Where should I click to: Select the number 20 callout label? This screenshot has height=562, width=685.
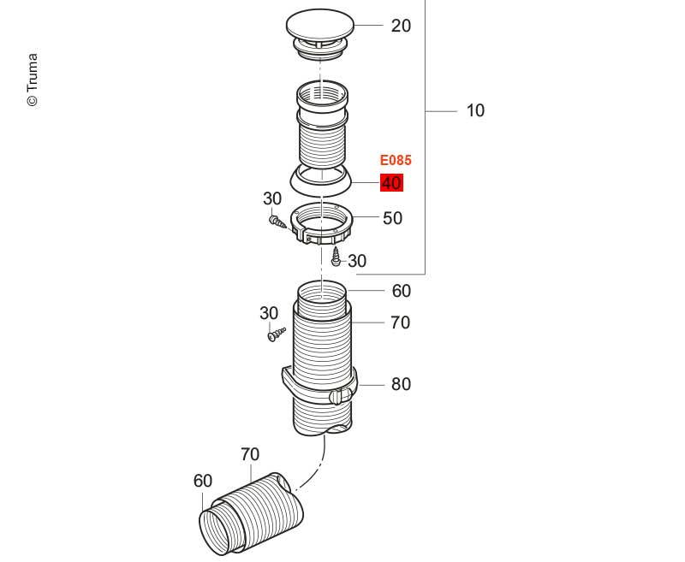point(401,27)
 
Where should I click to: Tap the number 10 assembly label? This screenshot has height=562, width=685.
point(475,110)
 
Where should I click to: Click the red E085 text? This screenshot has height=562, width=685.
point(396,160)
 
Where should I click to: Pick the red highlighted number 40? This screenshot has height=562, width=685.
point(391,183)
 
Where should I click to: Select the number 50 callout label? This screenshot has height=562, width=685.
point(392,218)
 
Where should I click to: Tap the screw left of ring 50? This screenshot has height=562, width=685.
point(277,222)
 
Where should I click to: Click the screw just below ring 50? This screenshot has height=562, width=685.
point(337,256)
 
